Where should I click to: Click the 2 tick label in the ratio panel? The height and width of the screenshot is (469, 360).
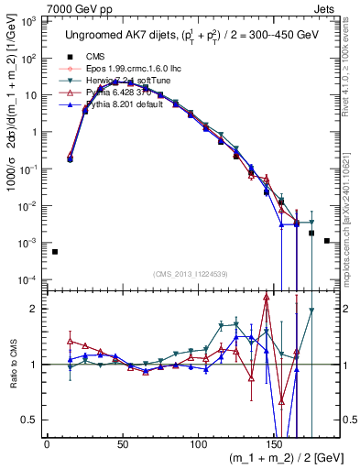(33, 309)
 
